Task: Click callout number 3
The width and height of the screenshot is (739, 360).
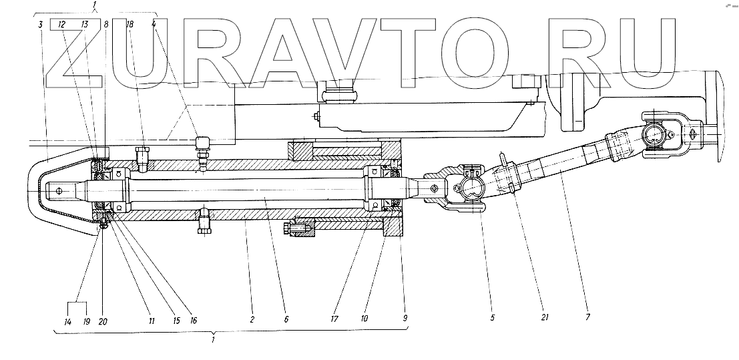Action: (x=41, y=25)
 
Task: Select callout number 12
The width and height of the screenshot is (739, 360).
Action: (x=61, y=25)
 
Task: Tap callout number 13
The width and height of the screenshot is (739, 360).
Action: (x=85, y=25)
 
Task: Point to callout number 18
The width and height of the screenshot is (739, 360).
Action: (x=130, y=25)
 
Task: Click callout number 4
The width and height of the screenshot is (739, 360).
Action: (x=154, y=25)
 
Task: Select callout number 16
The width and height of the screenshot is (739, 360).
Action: (x=194, y=321)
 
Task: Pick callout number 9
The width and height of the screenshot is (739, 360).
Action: (x=405, y=320)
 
